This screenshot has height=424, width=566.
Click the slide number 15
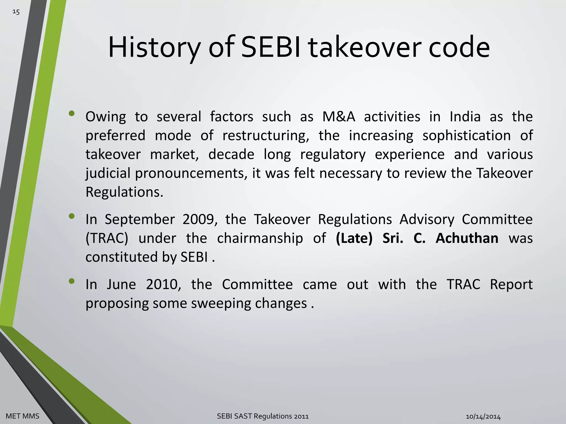16,12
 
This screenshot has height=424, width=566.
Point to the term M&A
339,116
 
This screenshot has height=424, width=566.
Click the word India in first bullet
465,116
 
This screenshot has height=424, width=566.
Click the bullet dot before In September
72,216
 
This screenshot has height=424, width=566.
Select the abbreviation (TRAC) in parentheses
107,238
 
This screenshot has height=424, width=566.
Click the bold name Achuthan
467,238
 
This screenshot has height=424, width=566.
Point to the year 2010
163,284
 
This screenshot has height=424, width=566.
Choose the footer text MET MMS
22,416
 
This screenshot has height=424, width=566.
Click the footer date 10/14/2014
483,416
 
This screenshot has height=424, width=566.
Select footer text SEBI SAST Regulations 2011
263,416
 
